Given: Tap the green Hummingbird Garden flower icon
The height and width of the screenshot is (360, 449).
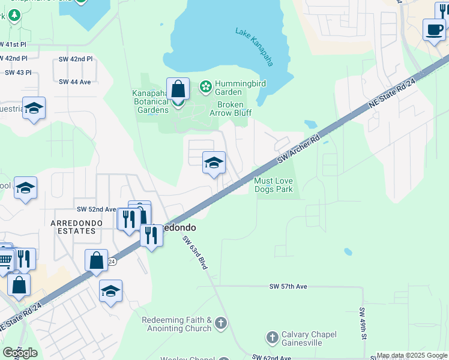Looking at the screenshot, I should coord(205,88).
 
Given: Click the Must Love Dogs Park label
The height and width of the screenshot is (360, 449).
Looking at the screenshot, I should coord(273,185).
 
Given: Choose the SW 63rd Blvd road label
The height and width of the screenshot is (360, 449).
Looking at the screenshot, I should coord(194,251).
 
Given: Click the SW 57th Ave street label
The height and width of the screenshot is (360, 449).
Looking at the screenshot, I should coord(288,287).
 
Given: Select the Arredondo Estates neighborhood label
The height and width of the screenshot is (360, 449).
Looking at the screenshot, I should coord(76,223).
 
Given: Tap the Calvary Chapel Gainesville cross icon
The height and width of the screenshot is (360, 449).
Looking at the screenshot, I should coord(272,338).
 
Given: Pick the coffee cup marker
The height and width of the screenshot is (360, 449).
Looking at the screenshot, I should coord(433,29).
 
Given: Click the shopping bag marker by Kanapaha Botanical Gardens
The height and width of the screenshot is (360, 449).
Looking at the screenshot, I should coord(178,89).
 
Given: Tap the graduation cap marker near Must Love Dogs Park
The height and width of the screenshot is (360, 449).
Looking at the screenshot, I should coord(214,163).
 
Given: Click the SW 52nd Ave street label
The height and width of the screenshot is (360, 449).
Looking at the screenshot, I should coord(96,209).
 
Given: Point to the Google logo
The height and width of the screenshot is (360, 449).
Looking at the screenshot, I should coord(20,353).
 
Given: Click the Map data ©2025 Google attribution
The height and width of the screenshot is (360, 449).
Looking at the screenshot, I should coord(412,355).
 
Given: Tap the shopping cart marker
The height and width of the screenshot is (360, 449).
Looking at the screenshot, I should coord(5,259).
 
